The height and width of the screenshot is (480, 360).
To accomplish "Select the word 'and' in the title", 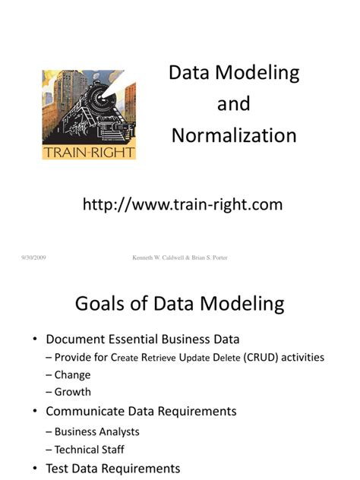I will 233,104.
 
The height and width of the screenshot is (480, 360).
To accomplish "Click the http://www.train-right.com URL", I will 182,204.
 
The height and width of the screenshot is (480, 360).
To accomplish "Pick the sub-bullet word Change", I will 72,374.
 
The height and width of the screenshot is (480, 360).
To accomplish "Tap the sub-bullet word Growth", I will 73,392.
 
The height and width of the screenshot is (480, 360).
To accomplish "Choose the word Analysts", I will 119,431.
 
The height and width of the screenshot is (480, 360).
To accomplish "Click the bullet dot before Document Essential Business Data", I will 35,339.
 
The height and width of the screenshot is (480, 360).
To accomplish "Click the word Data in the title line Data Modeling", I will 188,73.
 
